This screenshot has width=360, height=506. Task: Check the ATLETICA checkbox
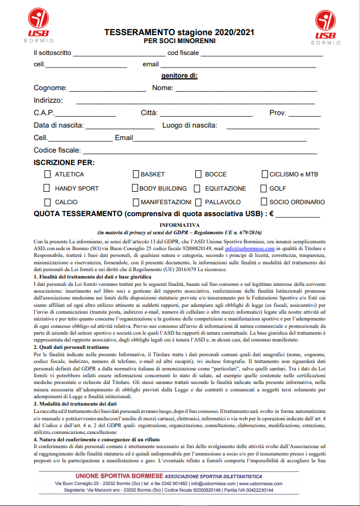[x=47, y=174]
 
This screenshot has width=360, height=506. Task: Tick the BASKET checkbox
[x=136, y=174]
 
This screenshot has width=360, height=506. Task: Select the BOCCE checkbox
[x=198, y=174]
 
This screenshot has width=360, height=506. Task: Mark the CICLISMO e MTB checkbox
[x=265, y=174]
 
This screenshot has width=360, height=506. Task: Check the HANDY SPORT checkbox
[x=47, y=188]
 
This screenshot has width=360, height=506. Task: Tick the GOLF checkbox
[x=265, y=188]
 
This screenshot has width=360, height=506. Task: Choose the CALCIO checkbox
[x=47, y=202]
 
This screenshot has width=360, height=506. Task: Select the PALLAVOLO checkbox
[x=198, y=202]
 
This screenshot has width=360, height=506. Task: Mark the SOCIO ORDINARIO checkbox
[x=265, y=202]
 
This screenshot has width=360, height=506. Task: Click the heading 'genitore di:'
[x=179, y=75]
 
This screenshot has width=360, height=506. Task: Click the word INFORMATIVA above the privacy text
[x=179, y=225]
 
